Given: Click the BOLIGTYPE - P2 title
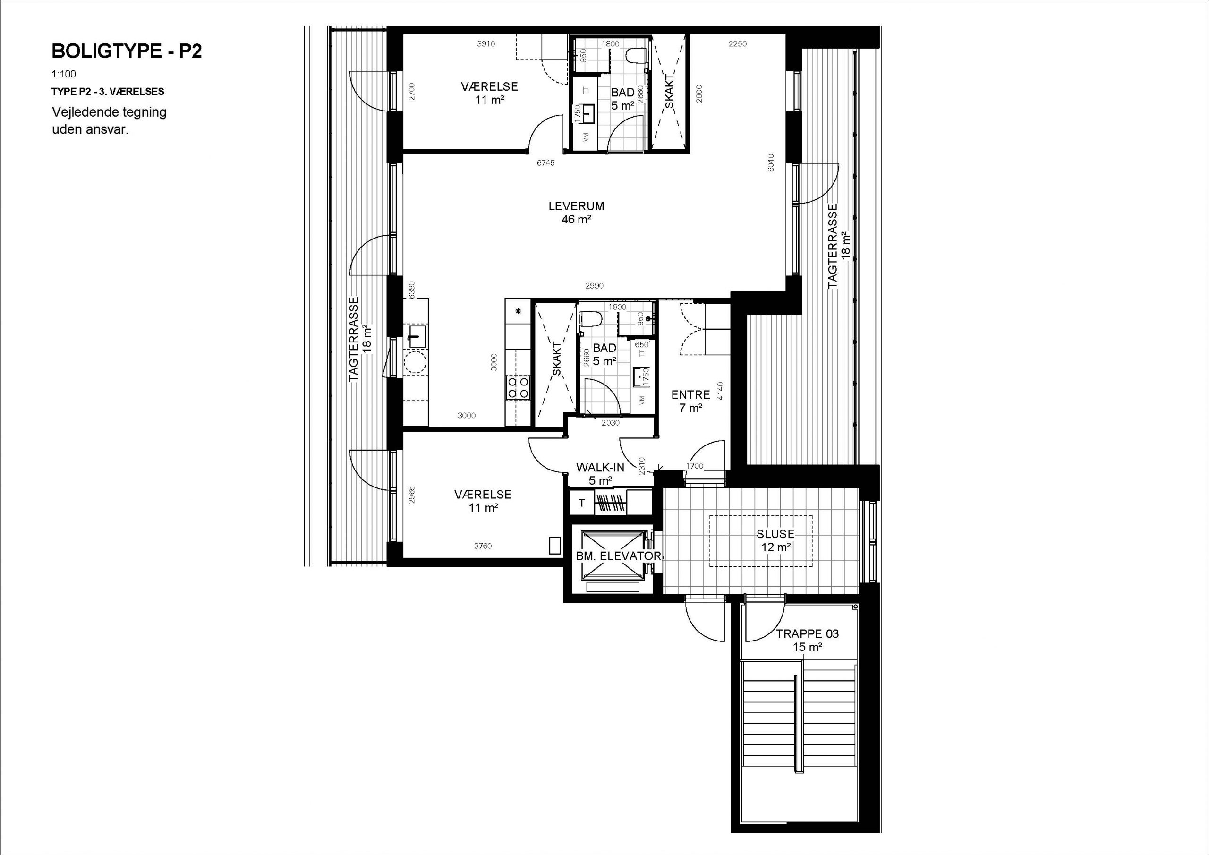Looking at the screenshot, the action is point(127,51).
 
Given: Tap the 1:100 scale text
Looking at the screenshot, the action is point(64,74).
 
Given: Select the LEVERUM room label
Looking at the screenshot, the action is point(576,206).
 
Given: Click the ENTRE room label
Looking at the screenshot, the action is point(691,394).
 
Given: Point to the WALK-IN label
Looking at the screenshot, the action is point(600,467).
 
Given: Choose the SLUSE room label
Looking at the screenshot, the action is point(775,534).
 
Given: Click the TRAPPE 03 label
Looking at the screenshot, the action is point(807,634).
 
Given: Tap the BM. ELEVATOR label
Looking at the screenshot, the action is point(618,556).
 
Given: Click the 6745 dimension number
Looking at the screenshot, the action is point(545,163).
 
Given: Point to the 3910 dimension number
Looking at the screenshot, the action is point(486,44).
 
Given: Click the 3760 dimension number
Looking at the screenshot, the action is point(483,546).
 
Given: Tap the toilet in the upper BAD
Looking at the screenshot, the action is point(635,56).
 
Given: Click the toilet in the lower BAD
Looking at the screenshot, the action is point(590,320).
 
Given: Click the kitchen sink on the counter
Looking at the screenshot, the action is point(417,336).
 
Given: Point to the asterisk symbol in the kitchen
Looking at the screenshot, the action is point(518,311).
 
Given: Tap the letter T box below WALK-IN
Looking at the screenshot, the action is point(582,503).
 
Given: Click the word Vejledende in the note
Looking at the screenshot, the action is point(81,112).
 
